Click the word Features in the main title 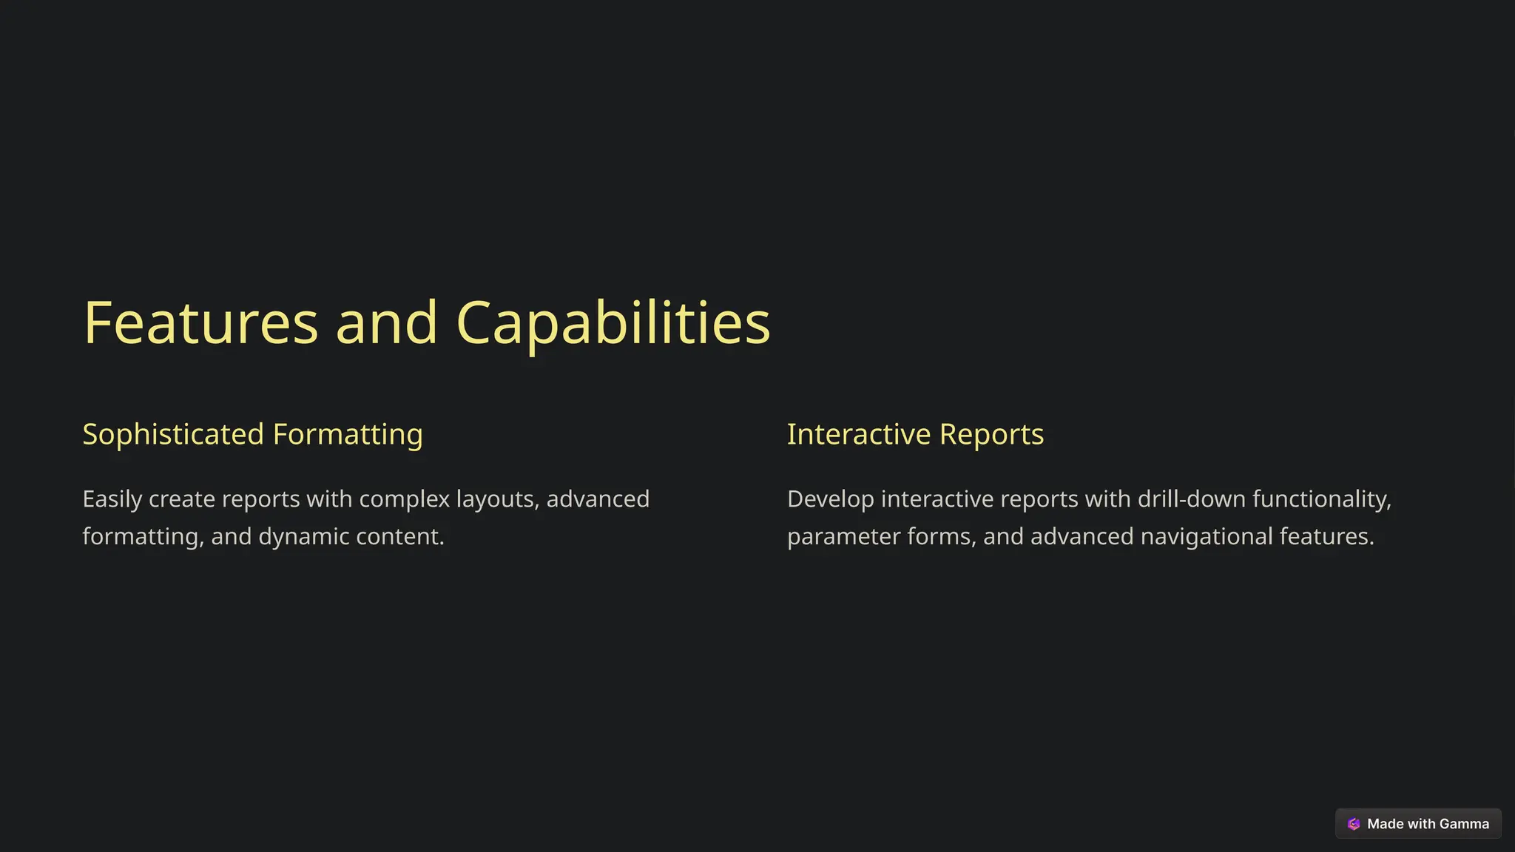[x=200, y=323]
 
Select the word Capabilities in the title [x=613, y=323]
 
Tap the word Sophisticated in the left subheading [x=173, y=434]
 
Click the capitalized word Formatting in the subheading [x=348, y=434]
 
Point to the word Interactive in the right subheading [x=859, y=434]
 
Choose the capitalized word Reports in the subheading [x=991, y=434]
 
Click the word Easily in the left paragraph [x=112, y=499]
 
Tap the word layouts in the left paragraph [x=497, y=499]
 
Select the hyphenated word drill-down [x=1191, y=499]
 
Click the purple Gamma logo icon [x=1354, y=824]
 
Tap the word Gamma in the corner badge [x=1464, y=824]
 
